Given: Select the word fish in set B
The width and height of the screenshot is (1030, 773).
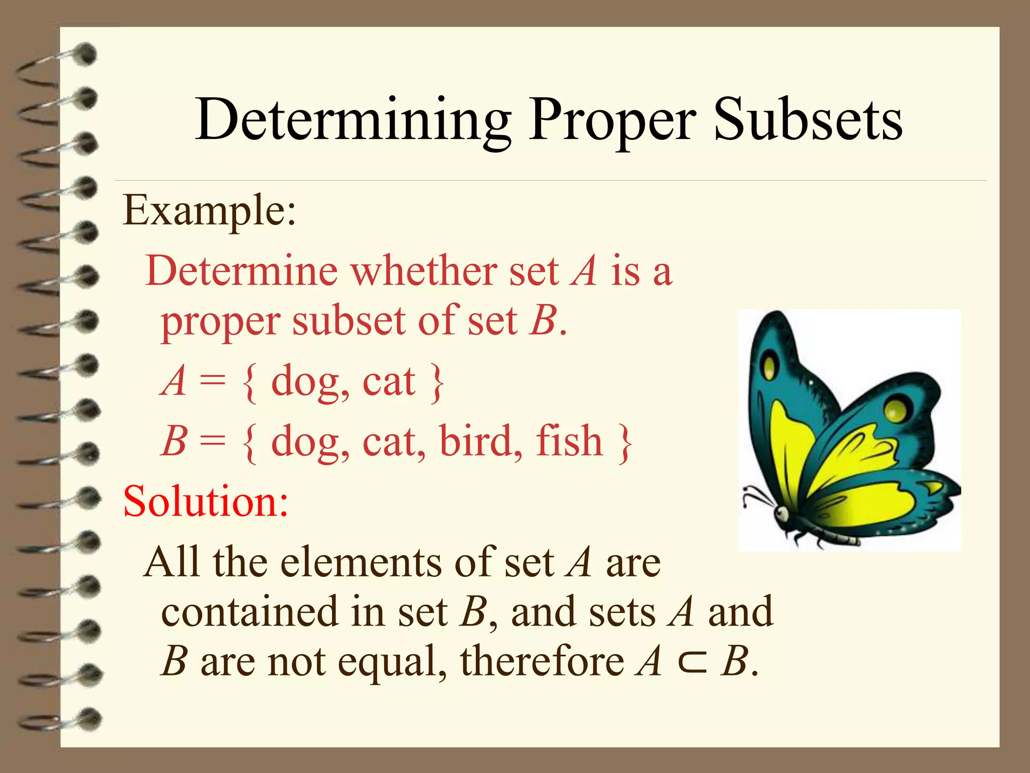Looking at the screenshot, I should pyautogui.click(x=569, y=441).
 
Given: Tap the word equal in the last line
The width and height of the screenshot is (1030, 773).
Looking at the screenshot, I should pyautogui.click(x=391, y=663).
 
